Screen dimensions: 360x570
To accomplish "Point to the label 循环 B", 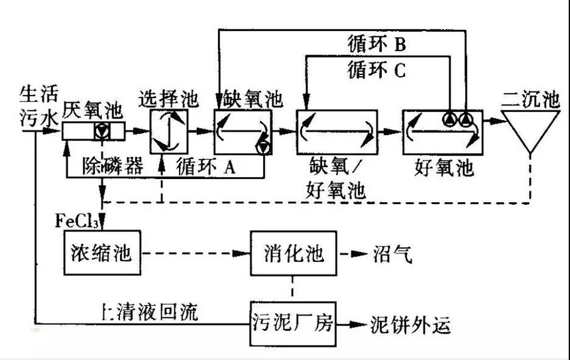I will (376, 44).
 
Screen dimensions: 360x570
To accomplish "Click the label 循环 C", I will (376, 69).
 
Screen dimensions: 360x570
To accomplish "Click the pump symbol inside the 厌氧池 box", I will (101, 131).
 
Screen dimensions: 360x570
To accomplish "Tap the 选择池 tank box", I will (168, 131).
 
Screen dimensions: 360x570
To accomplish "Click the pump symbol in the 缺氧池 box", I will (264, 147).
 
